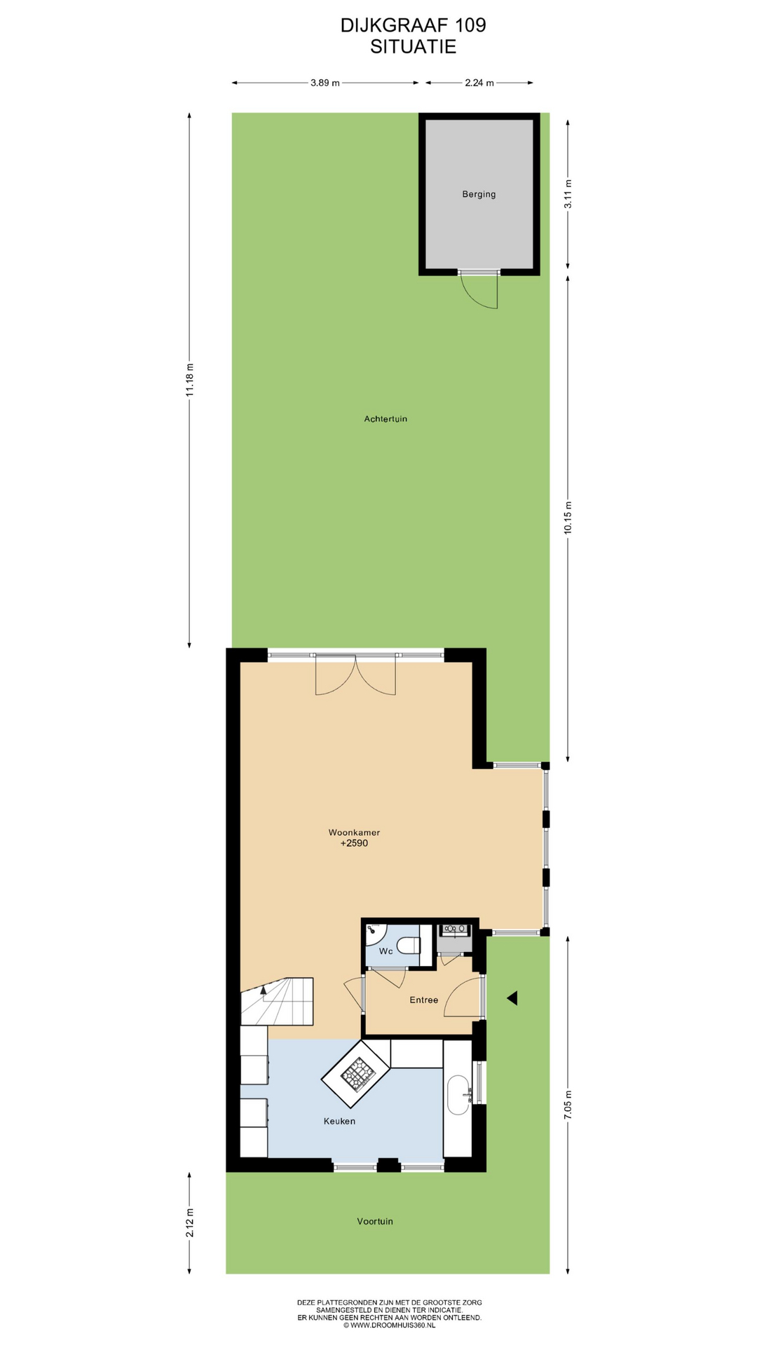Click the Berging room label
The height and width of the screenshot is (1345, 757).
pos(479,194)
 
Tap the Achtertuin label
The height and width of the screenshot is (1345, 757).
pos(386,419)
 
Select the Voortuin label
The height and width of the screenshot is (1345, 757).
pos(375,1221)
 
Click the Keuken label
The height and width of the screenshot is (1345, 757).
pos(339,1121)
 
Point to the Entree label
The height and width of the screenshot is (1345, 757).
pos(424,1000)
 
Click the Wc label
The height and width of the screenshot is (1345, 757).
pos(386,951)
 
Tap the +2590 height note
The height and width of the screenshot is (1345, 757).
pos(354,843)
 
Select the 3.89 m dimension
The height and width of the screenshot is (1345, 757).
pos(325,83)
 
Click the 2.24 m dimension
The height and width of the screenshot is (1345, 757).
pos(479,83)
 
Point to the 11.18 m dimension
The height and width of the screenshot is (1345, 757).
pos(189,380)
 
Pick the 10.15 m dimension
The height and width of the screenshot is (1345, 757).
pos(568,518)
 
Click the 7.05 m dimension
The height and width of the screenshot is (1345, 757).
pos(568,1105)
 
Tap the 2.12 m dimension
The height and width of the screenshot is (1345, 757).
pos(189,1222)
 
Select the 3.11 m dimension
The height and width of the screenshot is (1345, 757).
pos(568,194)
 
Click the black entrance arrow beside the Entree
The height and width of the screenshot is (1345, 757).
pos(512,998)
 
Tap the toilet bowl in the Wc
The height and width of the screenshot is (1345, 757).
pos(407,946)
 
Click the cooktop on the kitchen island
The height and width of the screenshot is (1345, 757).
pos(356,1073)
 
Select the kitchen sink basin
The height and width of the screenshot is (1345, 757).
pos(458,1095)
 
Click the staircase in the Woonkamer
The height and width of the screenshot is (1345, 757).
pos(276,1001)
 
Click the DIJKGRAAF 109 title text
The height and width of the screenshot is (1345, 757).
pos(413,25)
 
